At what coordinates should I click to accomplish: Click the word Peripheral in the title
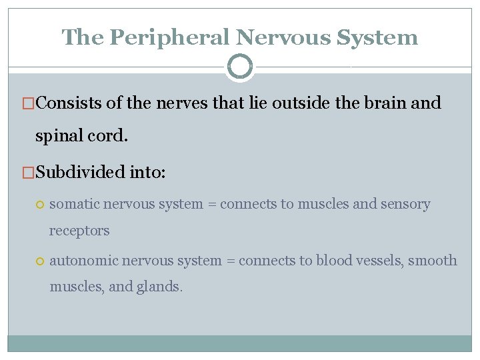pos(170,37)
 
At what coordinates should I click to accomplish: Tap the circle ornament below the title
pos(240,67)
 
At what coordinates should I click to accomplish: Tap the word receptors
pos(79,231)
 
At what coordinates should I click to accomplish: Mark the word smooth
pos(434,260)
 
